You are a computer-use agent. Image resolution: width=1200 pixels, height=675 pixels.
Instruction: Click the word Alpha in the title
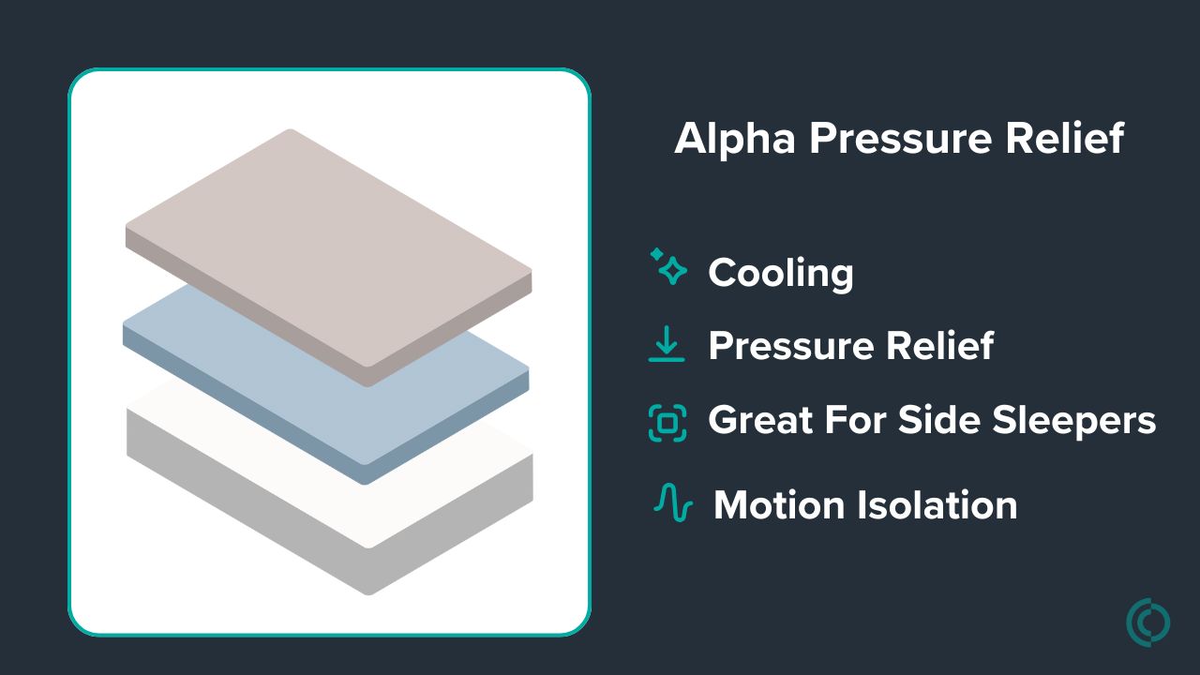click(x=735, y=138)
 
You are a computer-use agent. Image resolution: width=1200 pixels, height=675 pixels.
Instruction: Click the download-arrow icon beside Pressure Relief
click(x=667, y=344)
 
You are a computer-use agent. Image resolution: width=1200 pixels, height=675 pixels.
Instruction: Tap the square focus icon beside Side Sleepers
click(x=667, y=423)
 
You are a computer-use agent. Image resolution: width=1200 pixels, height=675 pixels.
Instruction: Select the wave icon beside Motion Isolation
click(x=673, y=502)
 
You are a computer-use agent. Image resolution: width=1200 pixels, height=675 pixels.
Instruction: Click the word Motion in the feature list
click(x=779, y=505)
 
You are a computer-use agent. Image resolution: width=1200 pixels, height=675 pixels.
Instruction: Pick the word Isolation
click(x=937, y=504)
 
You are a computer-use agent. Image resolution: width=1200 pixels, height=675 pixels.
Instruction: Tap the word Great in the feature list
click(x=760, y=419)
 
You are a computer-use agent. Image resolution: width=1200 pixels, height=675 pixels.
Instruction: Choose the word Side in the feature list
click(x=939, y=419)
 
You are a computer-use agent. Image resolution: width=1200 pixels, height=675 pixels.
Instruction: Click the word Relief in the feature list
click(x=940, y=345)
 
